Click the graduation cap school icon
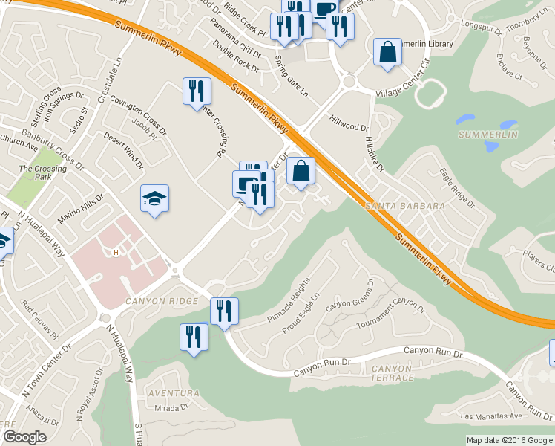tap(155, 198)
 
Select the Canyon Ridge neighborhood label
tap(162, 301)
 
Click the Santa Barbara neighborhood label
tap(404, 205)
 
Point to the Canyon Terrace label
tap(392, 373)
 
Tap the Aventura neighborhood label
tap(172, 392)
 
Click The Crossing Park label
tap(42, 173)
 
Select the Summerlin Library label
tap(426, 45)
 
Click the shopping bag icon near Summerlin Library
tap(387, 52)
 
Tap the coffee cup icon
tap(324, 9)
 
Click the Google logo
tap(24, 437)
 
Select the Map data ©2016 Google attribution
tap(509, 440)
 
